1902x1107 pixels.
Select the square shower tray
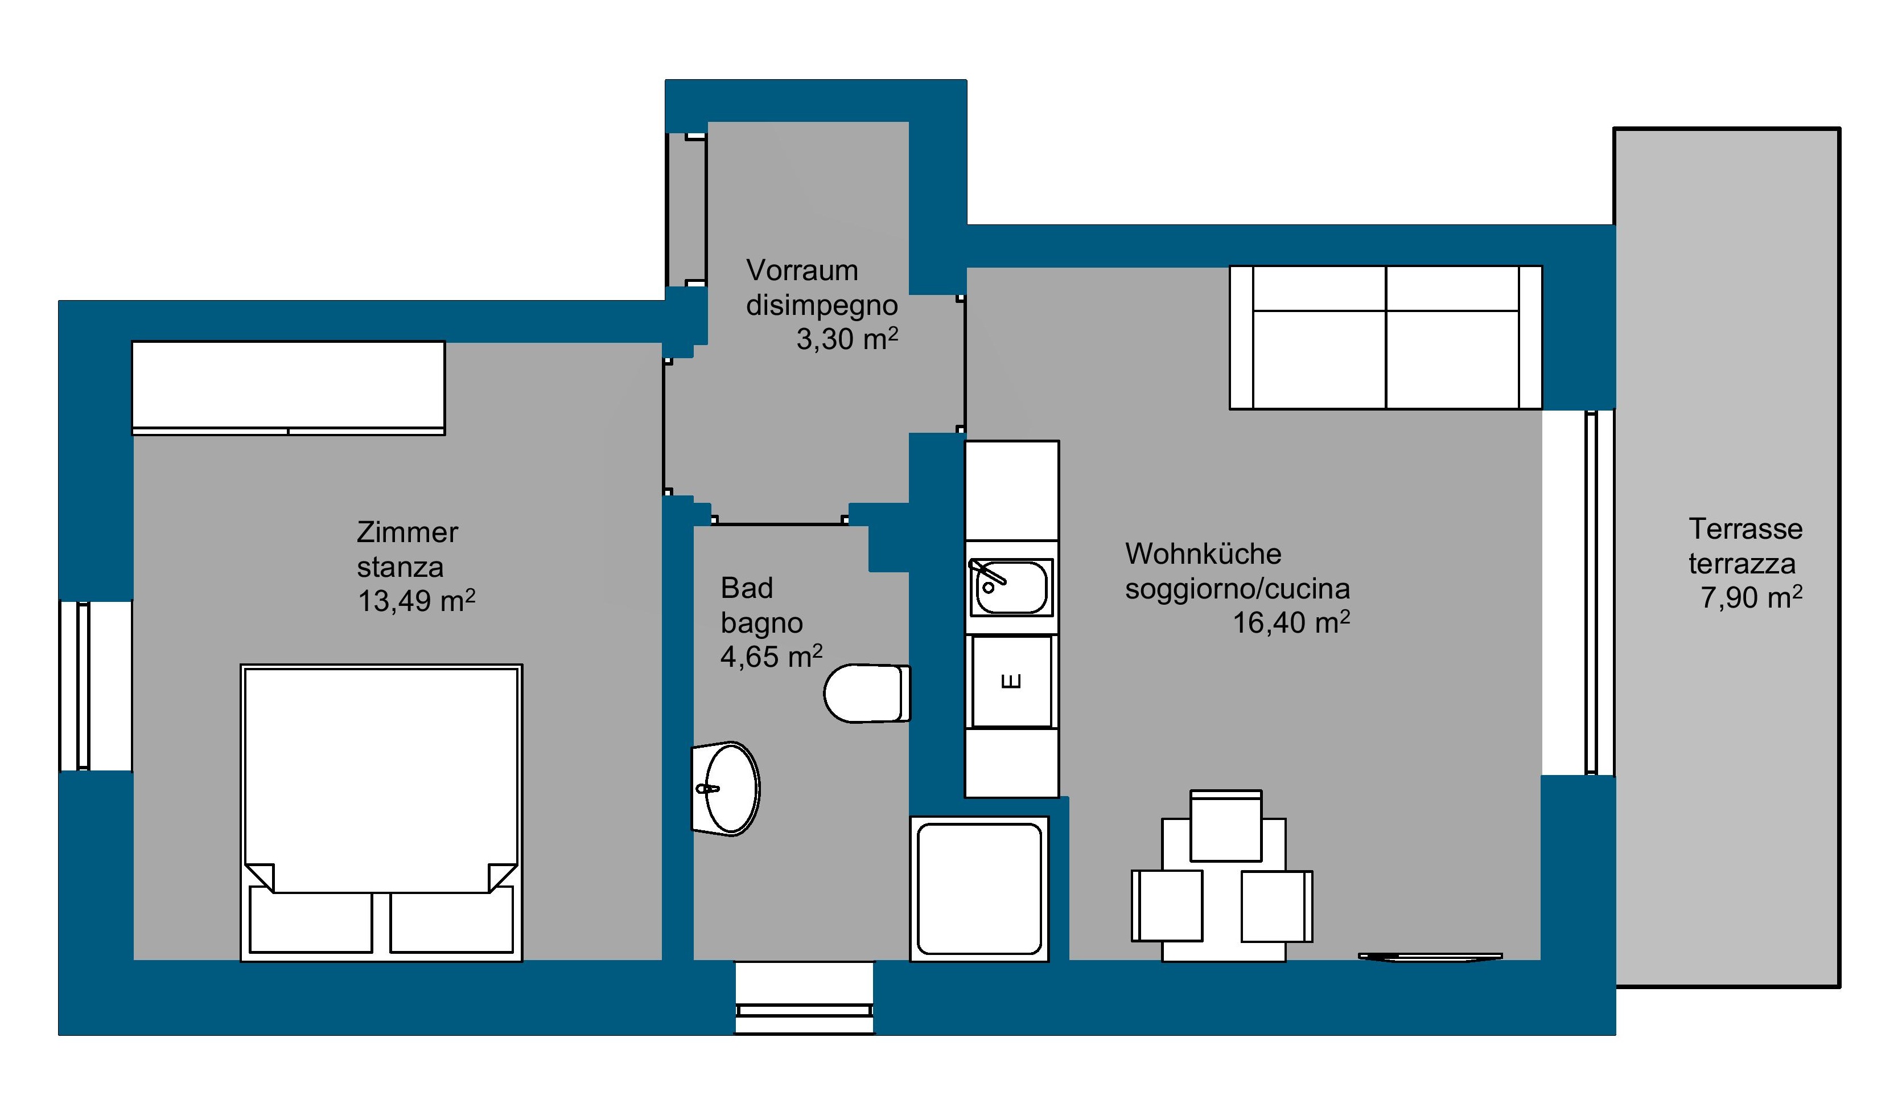979,889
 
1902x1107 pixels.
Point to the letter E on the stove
1011,681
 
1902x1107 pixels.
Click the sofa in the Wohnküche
1386,338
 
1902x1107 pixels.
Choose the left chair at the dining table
1167,905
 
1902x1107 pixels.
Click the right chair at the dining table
1277,906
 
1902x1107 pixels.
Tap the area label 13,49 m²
417,600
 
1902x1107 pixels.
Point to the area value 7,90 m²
1752,597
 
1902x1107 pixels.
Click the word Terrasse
1745,528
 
